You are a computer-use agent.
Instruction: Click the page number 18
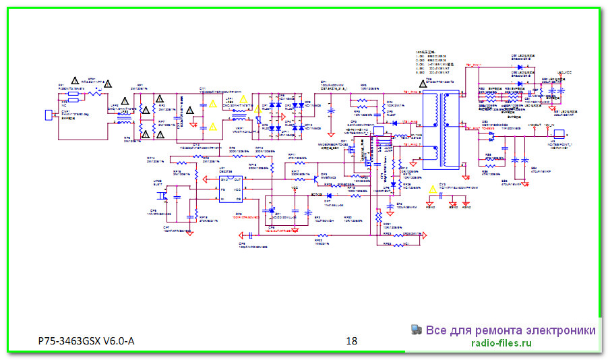click(x=351, y=340)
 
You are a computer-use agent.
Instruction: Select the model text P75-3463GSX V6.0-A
click(x=86, y=340)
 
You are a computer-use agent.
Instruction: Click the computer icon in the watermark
click(x=416, y=330)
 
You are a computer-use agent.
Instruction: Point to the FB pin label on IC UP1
click(x=222, y=190)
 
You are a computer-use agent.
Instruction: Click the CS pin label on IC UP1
click(x=238, y=198)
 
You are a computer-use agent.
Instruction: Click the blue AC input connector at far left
click(x=48, y=115)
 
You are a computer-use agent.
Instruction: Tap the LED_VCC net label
click(x=564, y=72)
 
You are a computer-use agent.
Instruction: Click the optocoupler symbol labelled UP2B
click(x=162, y=196)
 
